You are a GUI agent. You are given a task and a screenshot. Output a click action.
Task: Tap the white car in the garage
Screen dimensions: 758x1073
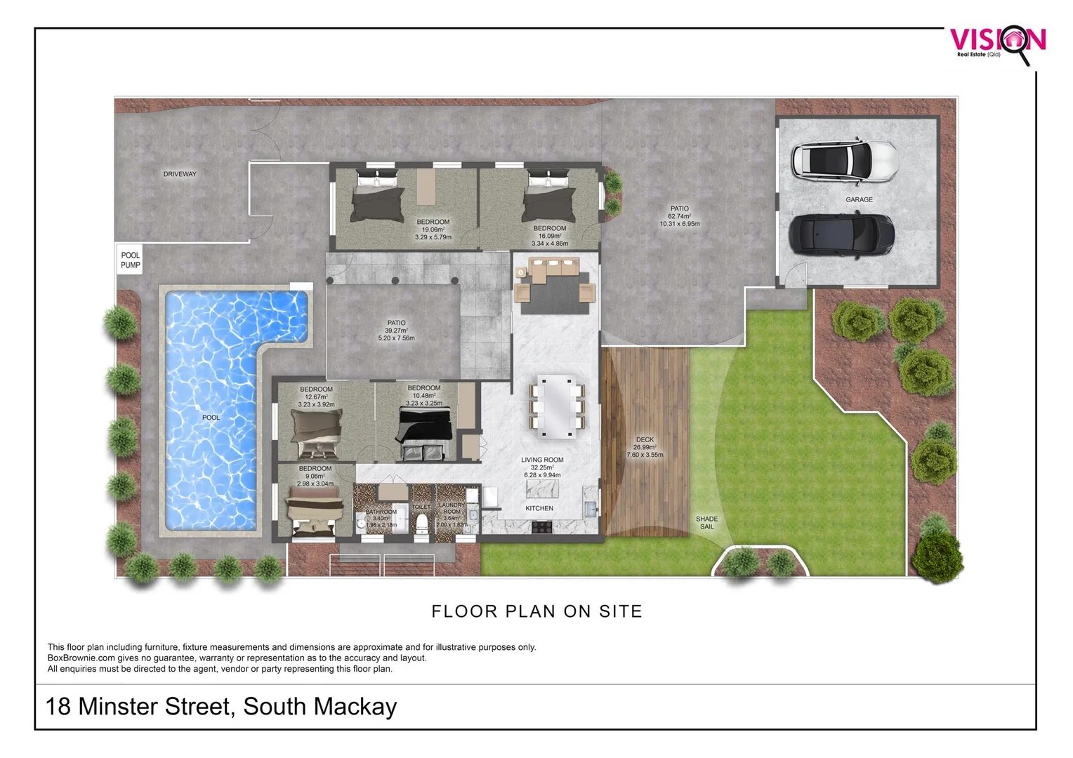tap(844, 160)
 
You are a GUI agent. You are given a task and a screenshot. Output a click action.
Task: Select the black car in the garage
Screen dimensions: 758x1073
tap(841, 235)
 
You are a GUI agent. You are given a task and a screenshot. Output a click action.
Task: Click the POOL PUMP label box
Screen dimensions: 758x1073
tap(130, 260)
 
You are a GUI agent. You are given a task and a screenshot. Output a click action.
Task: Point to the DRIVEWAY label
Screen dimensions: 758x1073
tap(180, 174)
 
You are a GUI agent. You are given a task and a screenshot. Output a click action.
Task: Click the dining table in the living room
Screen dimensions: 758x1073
tap(555, 407)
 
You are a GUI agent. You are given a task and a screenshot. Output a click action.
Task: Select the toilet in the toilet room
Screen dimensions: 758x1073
tap(422, 524)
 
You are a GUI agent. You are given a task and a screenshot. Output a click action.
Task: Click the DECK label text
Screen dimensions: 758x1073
tap(645, 440)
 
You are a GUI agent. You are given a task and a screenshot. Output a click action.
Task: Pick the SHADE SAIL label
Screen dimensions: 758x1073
tap(706, 523)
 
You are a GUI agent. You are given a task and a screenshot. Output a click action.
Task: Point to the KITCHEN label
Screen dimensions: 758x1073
tap(539, 508)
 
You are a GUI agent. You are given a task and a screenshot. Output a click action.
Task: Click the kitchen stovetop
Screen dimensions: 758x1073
tap(543, 526)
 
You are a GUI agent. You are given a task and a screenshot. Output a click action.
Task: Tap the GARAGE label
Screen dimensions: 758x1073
tap(859, 200)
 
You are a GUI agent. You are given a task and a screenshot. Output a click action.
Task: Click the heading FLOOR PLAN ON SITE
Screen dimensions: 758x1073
tap(536, 611)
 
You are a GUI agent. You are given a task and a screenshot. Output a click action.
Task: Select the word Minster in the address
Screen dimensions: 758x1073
tap(118, 706)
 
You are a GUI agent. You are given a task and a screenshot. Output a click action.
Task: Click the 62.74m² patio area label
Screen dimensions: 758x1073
tap(679, 216)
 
